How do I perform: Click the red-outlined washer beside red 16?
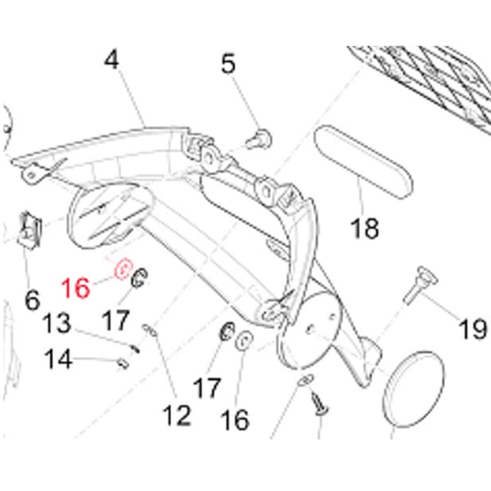(x=124, y=269)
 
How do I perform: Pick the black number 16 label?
(x=234, y=419)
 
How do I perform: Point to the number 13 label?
(x=57, y=324)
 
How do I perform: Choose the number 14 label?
(x=57, y=358)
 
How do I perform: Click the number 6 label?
(x=33, y=300)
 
